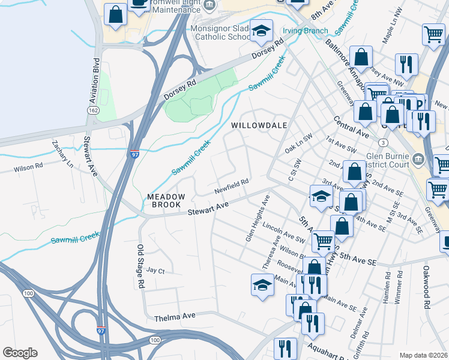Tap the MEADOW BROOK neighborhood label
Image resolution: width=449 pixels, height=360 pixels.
161,200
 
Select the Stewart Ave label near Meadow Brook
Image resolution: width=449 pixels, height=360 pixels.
208,209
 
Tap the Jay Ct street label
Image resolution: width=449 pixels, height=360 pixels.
155,271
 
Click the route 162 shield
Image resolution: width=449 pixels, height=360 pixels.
92,111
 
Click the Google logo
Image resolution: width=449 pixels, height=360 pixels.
20,353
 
